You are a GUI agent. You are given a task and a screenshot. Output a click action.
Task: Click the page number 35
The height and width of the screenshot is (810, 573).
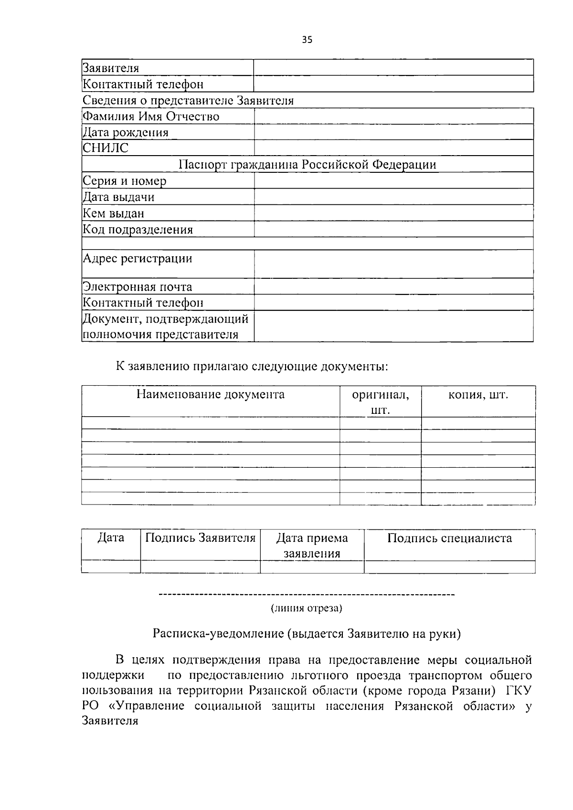coord(307,40)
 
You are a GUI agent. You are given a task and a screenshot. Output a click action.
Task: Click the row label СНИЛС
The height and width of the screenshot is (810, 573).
coord(106,148)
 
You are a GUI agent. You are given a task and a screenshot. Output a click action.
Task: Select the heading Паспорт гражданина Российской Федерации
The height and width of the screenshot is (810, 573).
coord(307,165)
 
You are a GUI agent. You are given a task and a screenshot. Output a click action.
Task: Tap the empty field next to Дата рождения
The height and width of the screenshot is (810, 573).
coord(393,132)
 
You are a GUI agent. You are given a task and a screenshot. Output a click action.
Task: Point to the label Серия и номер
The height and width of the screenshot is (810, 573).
coord(125,181)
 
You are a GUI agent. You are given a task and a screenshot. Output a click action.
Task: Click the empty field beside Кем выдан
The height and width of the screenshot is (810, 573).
coord(393,213)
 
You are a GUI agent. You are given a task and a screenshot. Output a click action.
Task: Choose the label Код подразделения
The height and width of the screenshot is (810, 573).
coord(138,230)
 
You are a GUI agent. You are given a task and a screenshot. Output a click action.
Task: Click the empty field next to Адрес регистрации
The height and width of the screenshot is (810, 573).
coord(393,264)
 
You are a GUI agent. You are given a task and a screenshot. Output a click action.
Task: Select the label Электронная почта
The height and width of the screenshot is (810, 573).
coord(138,287)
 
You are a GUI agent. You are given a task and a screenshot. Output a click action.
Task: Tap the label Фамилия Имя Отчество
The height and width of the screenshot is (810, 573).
coord(151,116)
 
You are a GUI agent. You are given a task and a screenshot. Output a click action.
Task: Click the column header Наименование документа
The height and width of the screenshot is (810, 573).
coord(211,395)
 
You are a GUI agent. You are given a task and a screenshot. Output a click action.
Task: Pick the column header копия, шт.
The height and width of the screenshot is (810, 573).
coord(478,395)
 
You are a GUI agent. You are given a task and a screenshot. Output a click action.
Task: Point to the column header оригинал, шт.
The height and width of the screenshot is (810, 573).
coord(380,402)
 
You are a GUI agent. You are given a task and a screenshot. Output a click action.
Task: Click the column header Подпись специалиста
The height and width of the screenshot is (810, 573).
coord(449,538)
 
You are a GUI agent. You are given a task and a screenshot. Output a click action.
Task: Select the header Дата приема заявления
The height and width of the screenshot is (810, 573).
coord(312,546)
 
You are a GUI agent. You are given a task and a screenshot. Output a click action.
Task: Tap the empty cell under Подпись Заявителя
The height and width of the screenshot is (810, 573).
coord(200,567)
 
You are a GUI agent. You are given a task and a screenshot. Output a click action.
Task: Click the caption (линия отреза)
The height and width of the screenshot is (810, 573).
coord(306,609)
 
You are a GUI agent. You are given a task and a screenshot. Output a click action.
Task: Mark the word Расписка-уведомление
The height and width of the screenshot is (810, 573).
coord(218,634)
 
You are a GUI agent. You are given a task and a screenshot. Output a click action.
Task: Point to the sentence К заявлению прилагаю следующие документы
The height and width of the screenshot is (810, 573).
coord(252,367)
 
